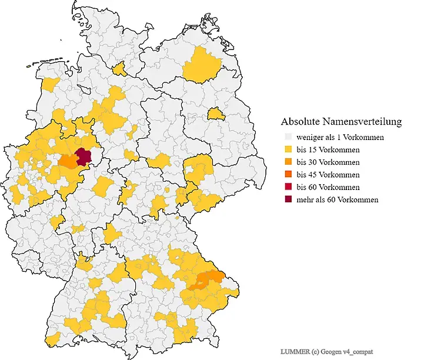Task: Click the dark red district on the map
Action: click(83, 156)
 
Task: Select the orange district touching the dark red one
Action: click(69, 161)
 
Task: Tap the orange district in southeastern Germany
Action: click(206, 278)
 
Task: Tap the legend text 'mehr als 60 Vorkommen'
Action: click(337, 199)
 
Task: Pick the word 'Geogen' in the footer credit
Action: click(335, 351)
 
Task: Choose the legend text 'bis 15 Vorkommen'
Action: click(328, 149)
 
